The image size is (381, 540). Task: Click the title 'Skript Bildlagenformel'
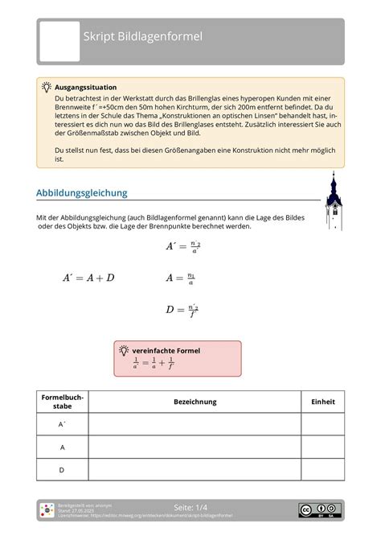tap(144, 37)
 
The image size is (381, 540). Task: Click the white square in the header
tap(60, 42)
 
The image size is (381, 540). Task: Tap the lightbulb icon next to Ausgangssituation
tap(47, 86)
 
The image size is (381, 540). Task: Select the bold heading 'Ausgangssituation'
tap(85, 86)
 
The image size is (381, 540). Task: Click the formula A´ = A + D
tap(88, 278)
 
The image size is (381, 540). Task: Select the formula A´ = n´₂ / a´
tap(182, 248)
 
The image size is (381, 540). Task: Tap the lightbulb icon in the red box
tap(124, 351)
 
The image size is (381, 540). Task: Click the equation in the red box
tap(154, 365)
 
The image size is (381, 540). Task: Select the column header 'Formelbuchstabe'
tap(62, 402)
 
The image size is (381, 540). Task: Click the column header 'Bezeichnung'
tap(194, 402)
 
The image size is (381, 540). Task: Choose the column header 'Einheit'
tap(322, 402)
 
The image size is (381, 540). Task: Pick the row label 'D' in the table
tap(62, 469)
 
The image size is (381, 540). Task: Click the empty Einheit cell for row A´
tap(322, 424)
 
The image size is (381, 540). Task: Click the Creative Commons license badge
tap(319, 509)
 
